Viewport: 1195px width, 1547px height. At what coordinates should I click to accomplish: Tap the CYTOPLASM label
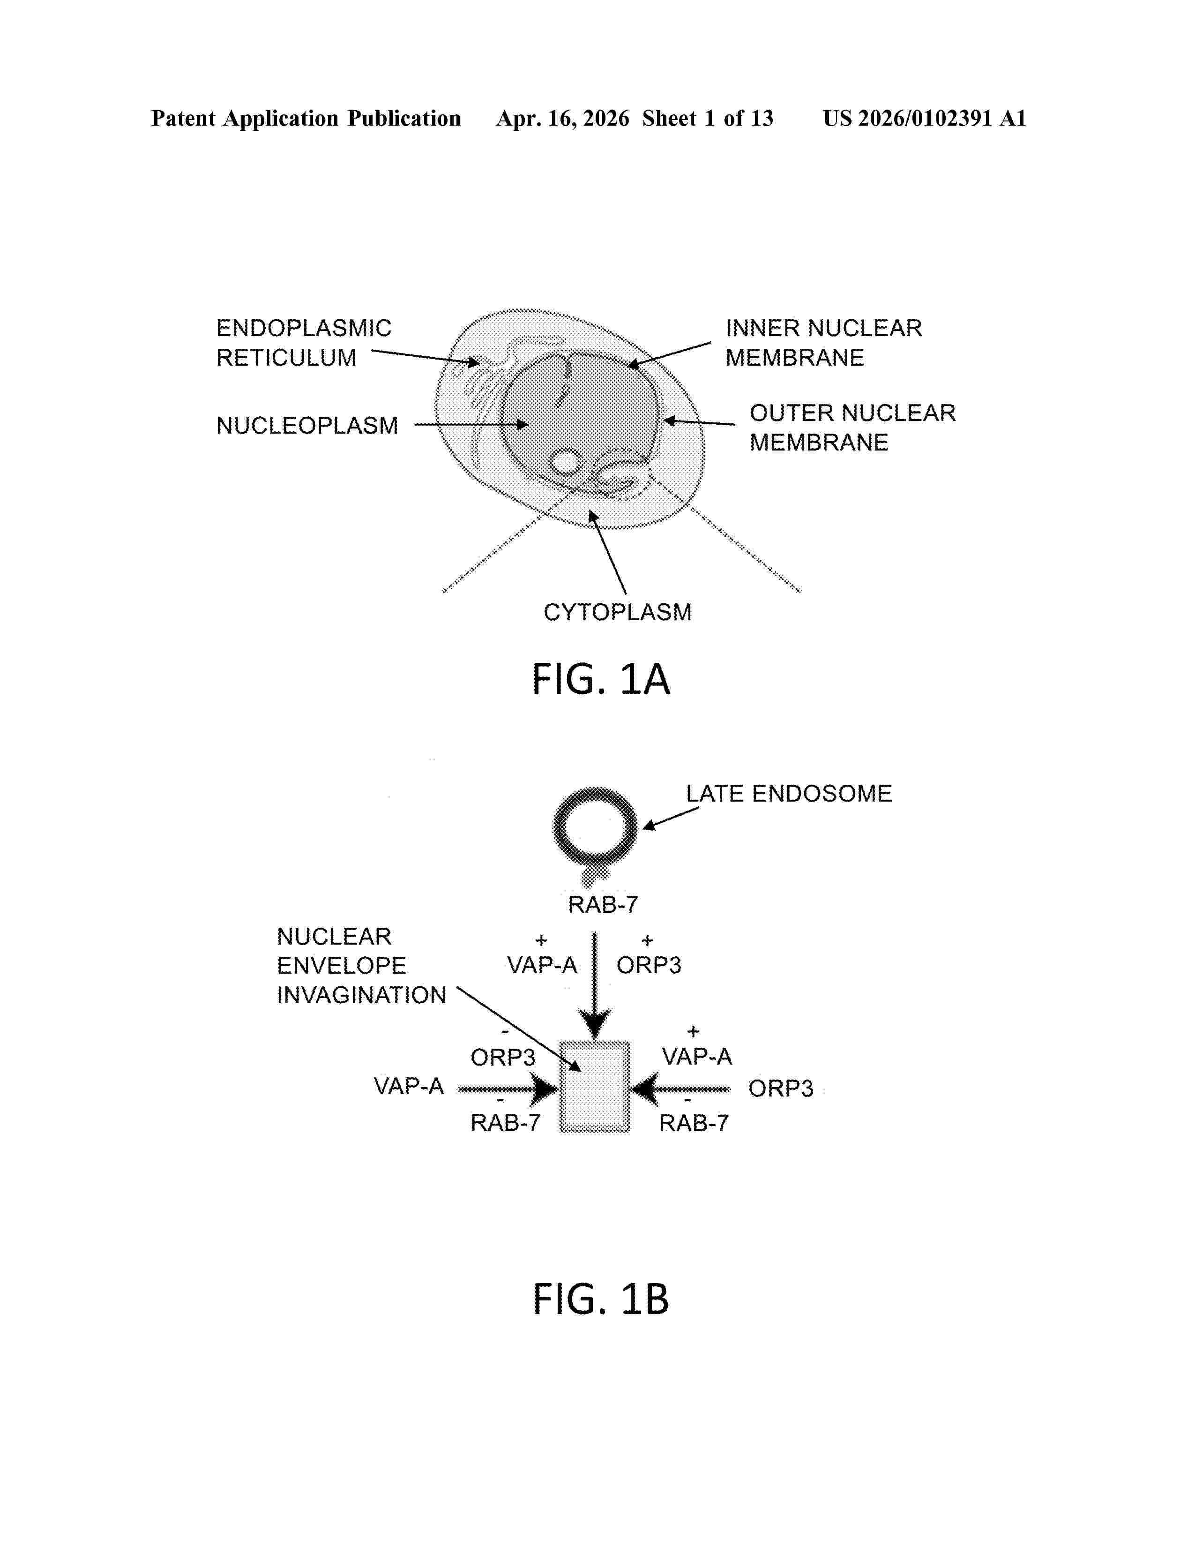[x=617, y=612]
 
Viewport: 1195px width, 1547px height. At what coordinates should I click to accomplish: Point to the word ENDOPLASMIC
[x=304, y=328]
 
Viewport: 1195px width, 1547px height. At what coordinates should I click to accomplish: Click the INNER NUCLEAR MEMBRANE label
[x=823, y=342]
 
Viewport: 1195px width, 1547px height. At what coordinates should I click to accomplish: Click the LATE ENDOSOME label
[x=789, y=793]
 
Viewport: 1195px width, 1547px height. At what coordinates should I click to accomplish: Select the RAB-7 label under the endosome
[x=603, y=905]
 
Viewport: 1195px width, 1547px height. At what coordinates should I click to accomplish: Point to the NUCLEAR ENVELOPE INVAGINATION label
[x=361, y=965]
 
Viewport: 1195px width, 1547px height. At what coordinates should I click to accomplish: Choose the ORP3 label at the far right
[x=781, y=1088]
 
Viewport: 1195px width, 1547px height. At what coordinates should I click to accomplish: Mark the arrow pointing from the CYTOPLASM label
[x=607, y=552]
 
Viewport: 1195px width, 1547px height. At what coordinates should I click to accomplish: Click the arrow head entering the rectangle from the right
[x=644, y=1089]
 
